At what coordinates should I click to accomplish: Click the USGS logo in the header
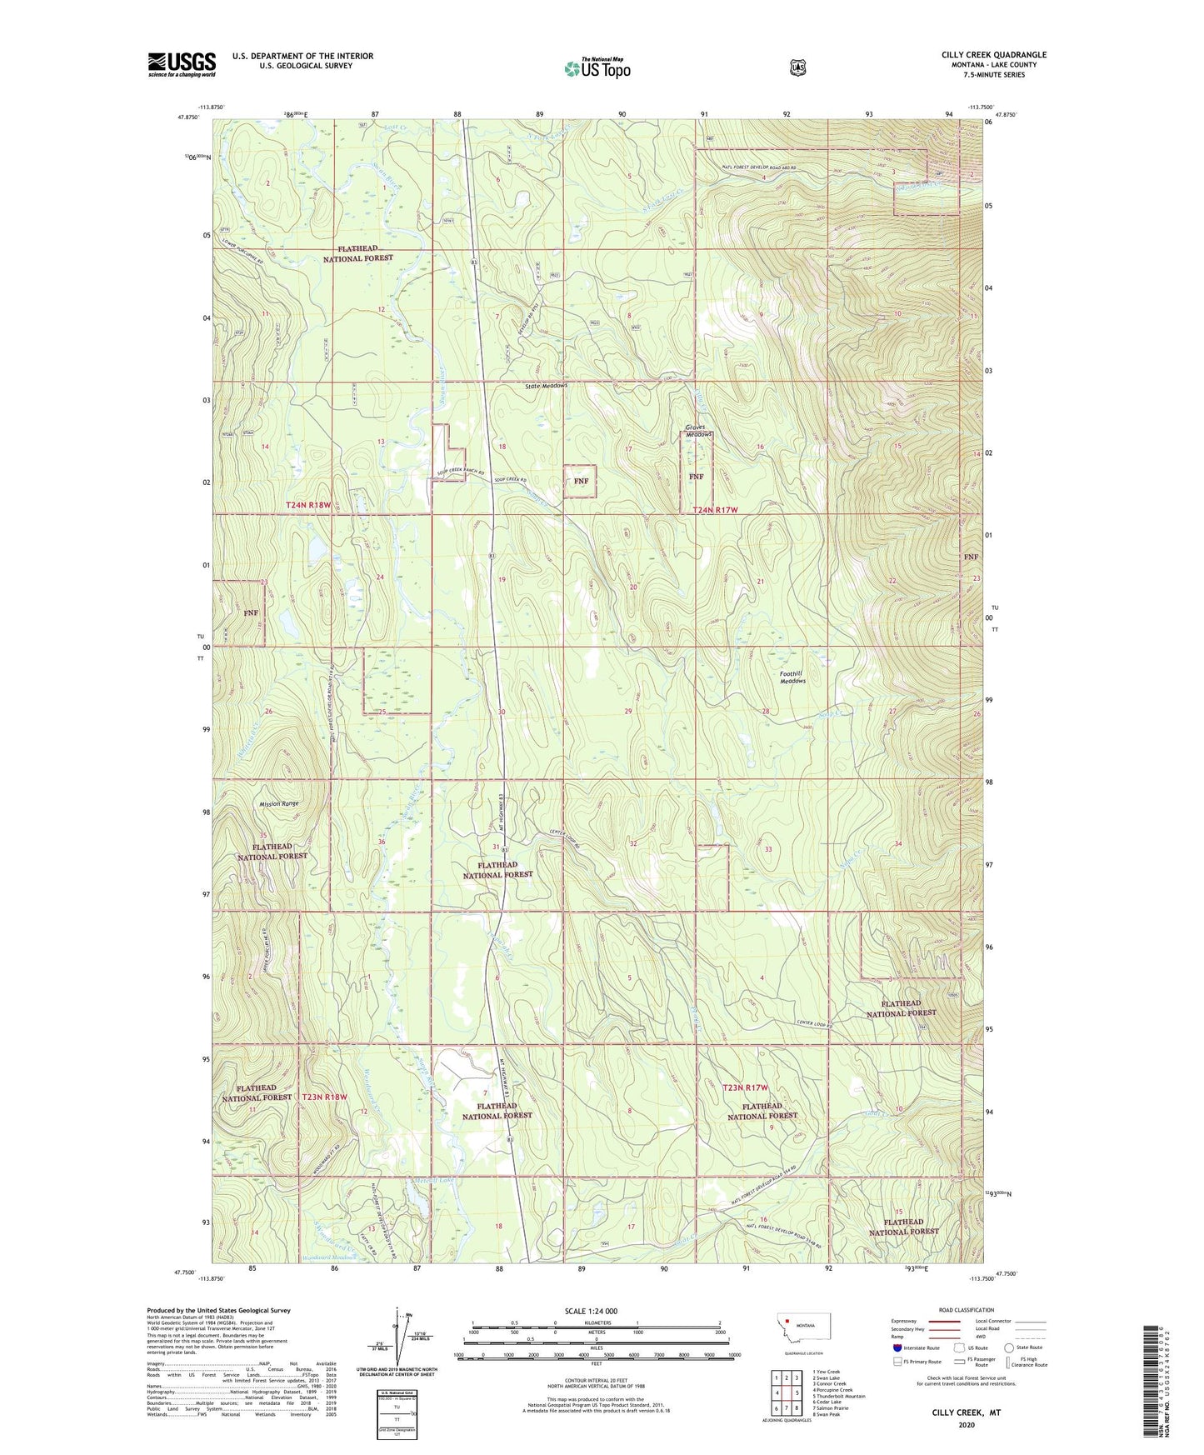tap(182, 64)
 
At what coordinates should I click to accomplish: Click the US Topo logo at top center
tap(597, 68)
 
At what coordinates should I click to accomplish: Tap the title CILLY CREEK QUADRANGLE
tap(993, 55)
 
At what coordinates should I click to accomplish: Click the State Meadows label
tap(546, 386)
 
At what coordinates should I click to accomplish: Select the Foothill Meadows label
tap(792, 677)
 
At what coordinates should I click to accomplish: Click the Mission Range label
tap(278, 804)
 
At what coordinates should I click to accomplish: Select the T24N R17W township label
tap(716, 509)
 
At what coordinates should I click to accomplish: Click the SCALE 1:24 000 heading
tap(591, 1311)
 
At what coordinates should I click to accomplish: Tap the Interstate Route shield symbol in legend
tap(897, 1347)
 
